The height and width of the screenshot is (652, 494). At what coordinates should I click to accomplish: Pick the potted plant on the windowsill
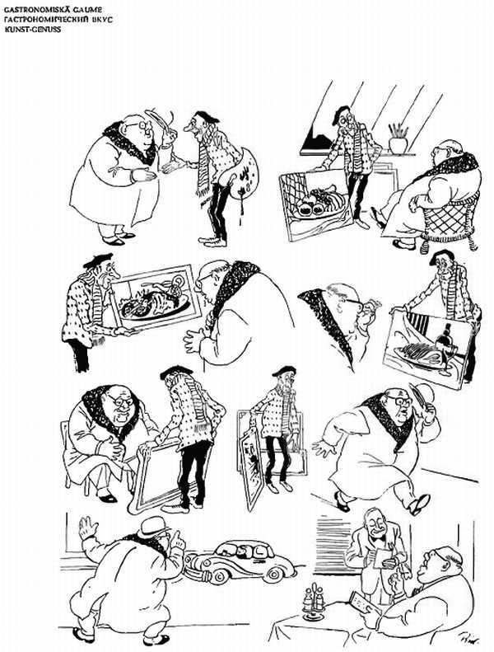398,138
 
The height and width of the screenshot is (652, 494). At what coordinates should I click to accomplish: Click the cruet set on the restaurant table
314,602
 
